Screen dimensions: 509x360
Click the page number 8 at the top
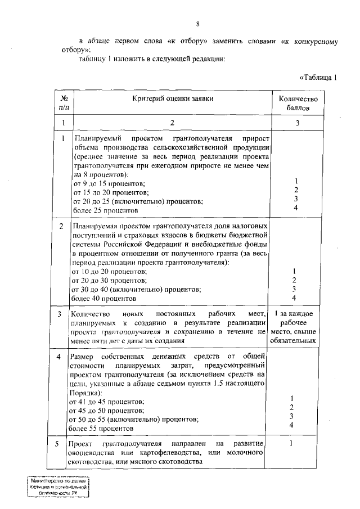pyautogui.click(x=197, y=24)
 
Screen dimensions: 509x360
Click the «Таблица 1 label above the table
pyautogui.click(x=318, y=77)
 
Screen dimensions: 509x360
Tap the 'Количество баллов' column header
pyautogui.click(x=298, y=103)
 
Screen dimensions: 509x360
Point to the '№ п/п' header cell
pyautogui.click(x=64, y=103)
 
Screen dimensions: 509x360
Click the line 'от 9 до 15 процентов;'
pyautogui.click(x=109, y=184)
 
